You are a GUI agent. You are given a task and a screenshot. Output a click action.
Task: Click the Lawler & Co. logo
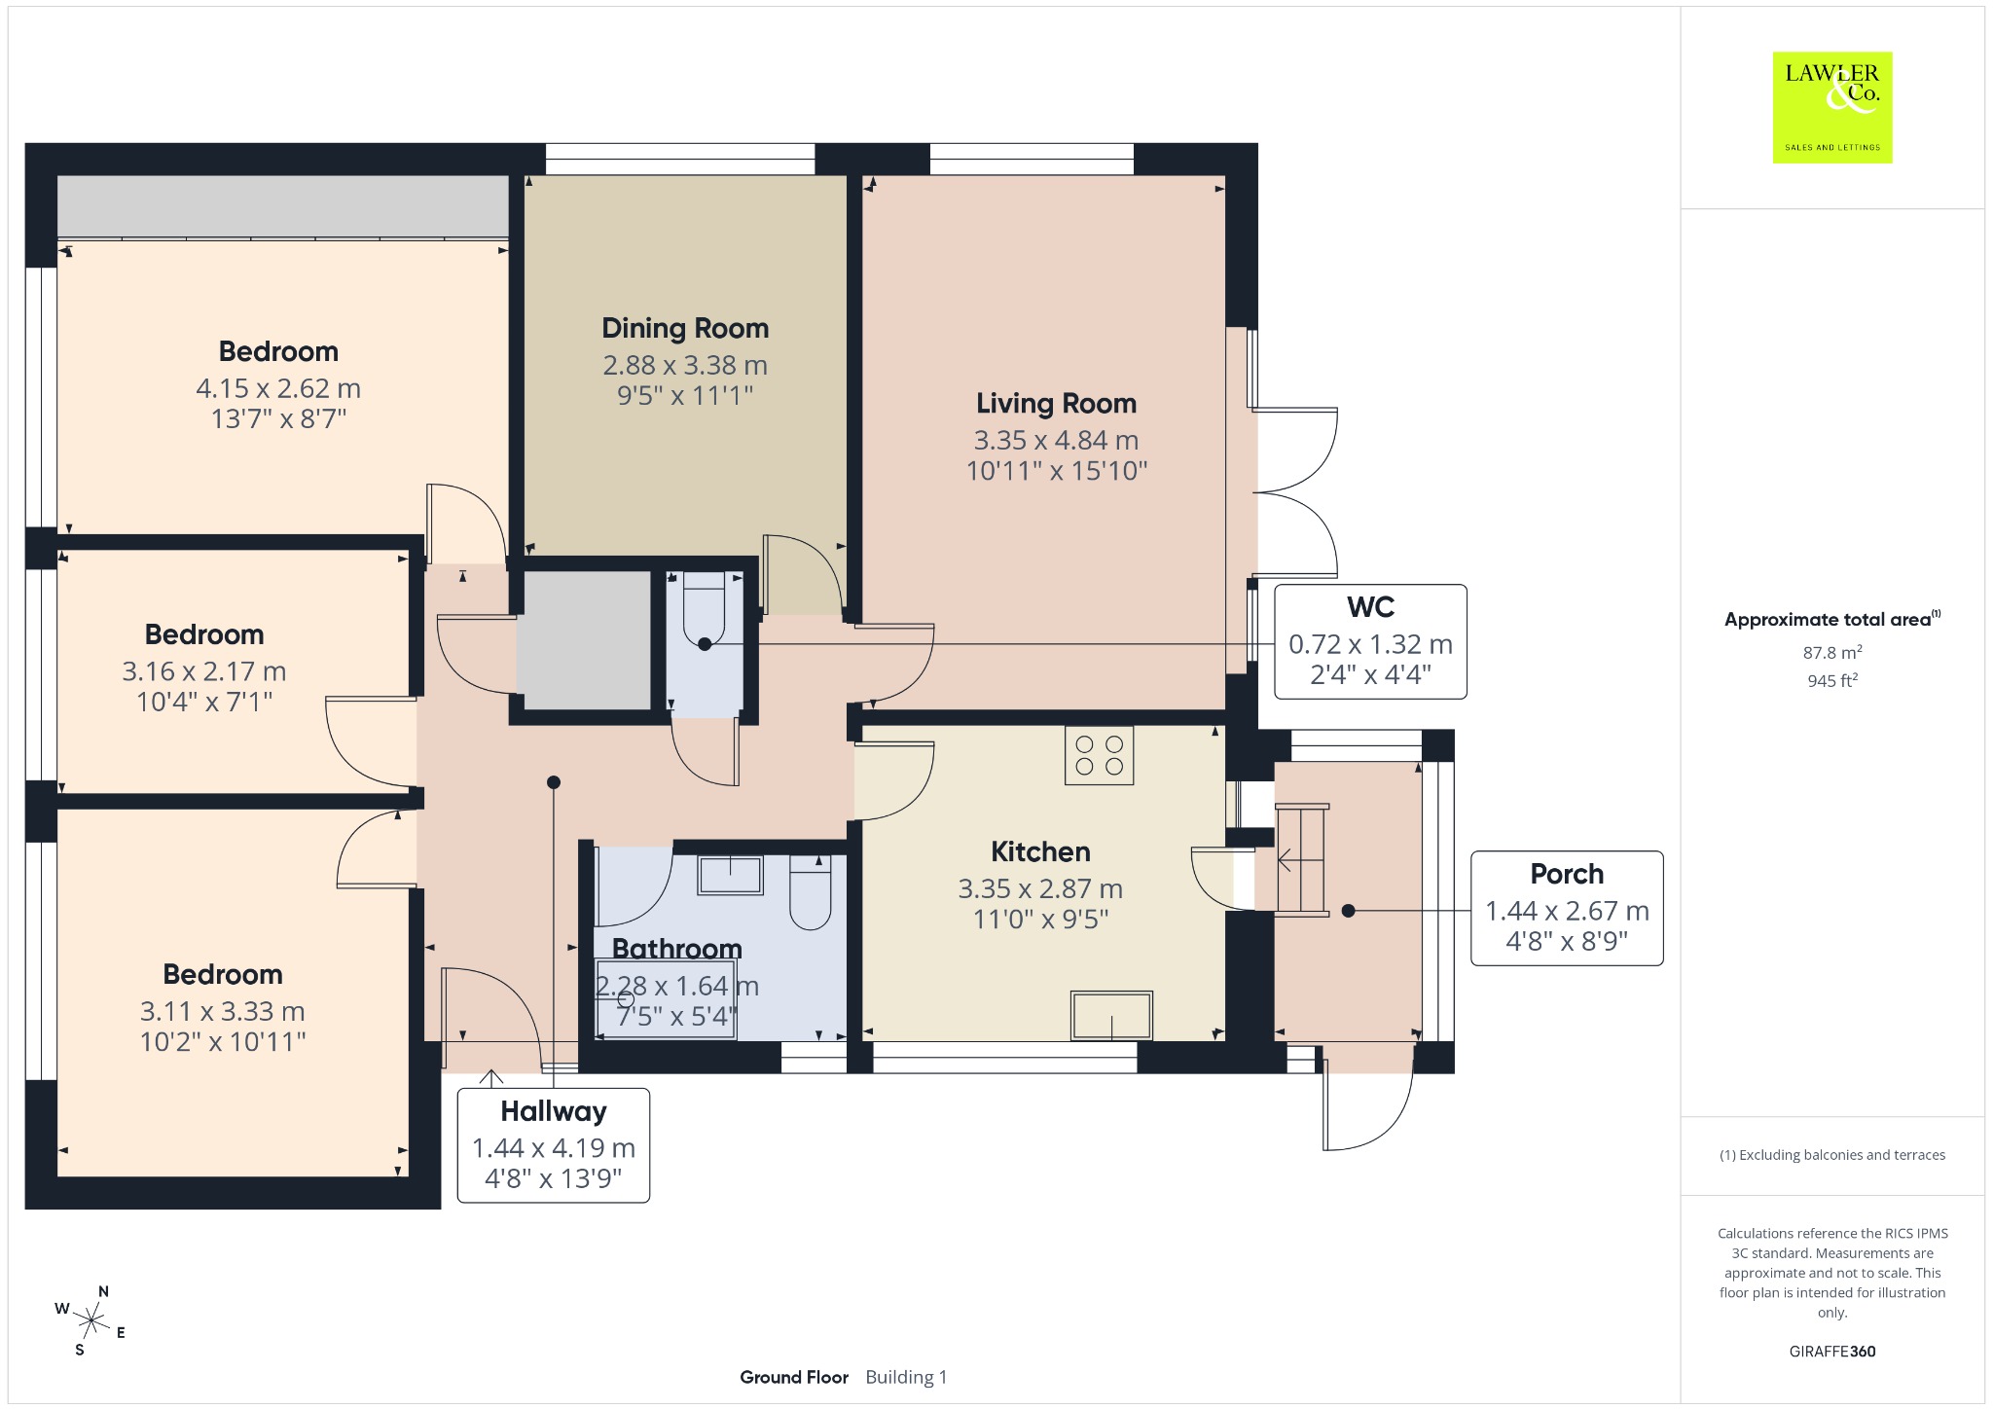click(1832, 107)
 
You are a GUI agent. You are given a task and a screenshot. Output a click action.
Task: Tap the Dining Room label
click(685, 329)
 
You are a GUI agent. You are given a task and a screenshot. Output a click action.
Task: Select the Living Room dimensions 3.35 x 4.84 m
click(1056, 440)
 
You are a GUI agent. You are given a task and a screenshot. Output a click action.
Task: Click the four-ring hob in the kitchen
click(1100, 755)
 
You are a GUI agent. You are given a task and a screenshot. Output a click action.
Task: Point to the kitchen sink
click(1111, 1015)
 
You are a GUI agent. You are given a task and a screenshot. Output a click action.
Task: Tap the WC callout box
click(1370, 641)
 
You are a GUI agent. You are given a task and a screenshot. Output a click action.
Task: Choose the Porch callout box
click(1567, 908)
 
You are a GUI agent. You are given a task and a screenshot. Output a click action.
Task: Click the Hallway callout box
click(553, 1145)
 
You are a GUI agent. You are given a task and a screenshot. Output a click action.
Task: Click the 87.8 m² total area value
click(1832, 652)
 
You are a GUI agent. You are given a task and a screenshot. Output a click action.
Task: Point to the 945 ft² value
click(1832, 680)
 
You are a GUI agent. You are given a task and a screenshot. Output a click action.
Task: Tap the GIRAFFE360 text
click(1832, 1351)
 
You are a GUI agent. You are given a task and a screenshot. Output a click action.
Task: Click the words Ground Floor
click(794, 1377)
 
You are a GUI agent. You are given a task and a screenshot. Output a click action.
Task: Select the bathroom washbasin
click(730, 874)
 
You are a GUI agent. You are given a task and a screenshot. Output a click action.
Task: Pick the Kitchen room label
click(1040, 851)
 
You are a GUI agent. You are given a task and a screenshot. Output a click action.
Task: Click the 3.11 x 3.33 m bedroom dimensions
click(222, 1011)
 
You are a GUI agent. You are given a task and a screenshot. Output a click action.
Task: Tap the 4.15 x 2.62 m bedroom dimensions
click(278, 388)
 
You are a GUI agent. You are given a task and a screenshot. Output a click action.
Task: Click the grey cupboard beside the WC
click(584, 640)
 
